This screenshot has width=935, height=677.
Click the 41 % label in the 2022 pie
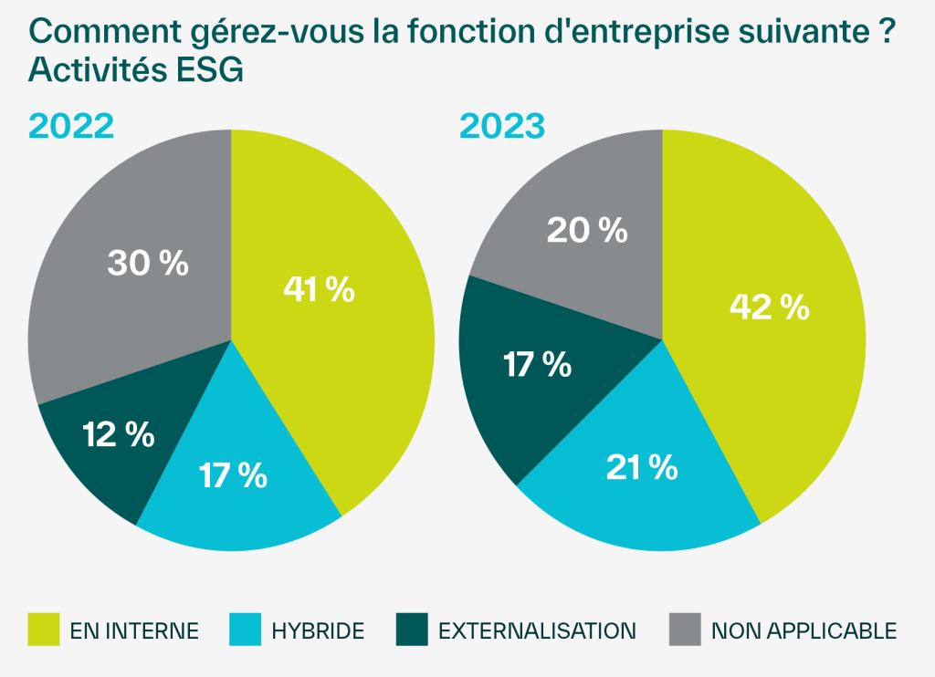tap(319, 289)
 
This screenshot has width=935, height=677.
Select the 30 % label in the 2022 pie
tap(148, 263)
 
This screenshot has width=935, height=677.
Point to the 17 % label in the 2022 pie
tap(232, 474)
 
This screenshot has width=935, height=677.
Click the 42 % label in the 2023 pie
tap(769, 307)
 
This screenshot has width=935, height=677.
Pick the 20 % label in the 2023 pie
tap(587, 230)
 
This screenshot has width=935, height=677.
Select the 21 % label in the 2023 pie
tap(642, 467)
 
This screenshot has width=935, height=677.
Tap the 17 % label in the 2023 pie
tap(537, 364)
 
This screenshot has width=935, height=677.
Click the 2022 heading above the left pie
tap(71, 126)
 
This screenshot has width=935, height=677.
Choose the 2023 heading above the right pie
tap(501, 126)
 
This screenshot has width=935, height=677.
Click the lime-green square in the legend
tap(44, 630)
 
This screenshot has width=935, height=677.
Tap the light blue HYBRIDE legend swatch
tap(245, 630)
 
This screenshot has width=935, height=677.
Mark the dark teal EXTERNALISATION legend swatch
tap(412, 630)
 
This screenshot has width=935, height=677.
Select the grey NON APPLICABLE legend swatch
tap(685, 630)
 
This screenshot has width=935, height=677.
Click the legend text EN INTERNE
tap(134, 630)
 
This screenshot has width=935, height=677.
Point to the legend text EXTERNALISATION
tap(537, 630)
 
